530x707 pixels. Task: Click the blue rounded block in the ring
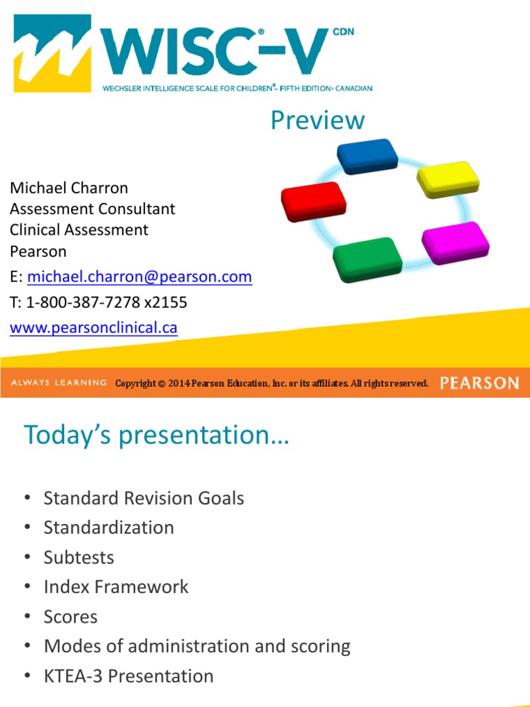coord(367,156)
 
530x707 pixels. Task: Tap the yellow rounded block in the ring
coord(448,179)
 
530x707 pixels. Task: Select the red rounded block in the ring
coord(314,202)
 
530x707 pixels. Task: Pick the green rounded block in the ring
coord(367,260)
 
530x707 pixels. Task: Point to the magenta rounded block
coord(455,242)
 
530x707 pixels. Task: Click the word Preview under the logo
coord(317,120)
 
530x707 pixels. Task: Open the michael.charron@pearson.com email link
coord(139,276)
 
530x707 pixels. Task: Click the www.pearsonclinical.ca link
coord(93,327)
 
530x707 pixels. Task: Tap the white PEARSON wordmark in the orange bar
coord(480,383)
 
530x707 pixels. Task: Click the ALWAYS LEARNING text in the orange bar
coord(59,382)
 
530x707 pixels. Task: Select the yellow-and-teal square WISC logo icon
coord(52,53)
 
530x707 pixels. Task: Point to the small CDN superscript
coord(344,32)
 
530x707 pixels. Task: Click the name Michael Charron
coord(69,188)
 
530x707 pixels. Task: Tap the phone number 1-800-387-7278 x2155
coord(106,302)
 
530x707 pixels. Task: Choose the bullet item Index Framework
coord(116,587)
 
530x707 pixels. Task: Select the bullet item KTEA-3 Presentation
coord(128,676)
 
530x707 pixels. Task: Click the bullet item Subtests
coord(79,557)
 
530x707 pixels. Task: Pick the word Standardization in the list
coord(108,527)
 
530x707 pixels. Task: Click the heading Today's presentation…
coord(157,435)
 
